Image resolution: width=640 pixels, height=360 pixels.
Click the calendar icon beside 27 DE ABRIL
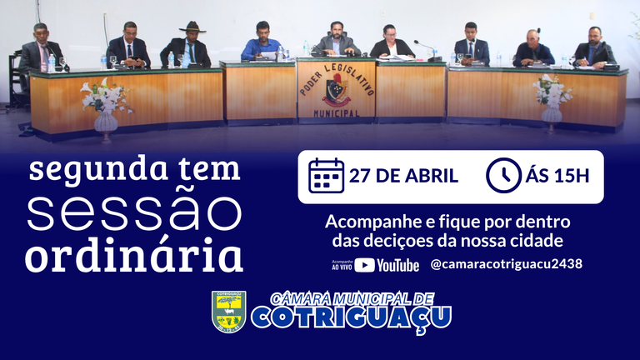click(x=326, y=176)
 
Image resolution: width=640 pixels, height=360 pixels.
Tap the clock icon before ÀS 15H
click(x=503, y=176)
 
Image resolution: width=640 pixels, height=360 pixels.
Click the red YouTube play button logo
click(x=364, y=265)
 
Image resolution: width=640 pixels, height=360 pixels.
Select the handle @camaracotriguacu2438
click(x=506, y=264)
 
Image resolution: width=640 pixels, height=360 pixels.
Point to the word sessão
click(x=135, y=213)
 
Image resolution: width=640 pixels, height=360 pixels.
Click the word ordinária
click(x=134, y=255)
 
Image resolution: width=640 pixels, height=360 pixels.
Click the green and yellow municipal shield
click(x=229, y=312)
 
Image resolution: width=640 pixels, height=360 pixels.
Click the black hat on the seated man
click(x=192, y=27)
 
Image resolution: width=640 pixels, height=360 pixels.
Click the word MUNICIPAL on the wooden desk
click(x=337, y=113)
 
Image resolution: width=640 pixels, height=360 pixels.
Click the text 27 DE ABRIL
click(x=403, y=176)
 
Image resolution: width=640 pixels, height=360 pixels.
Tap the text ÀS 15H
click(x=557, y=176)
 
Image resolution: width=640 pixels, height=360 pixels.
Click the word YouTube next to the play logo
click(x=398, y=265)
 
